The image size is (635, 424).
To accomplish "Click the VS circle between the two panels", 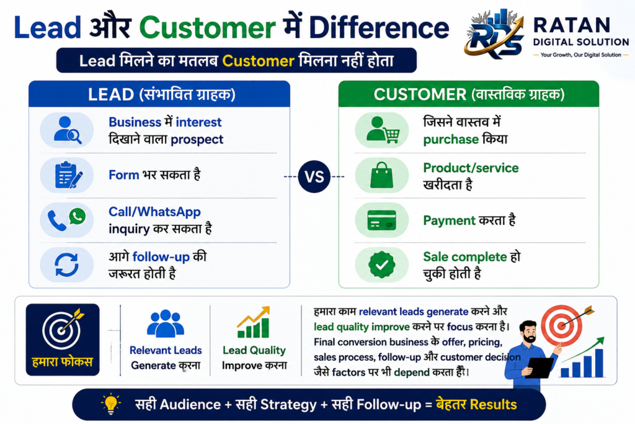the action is tap(314, 176).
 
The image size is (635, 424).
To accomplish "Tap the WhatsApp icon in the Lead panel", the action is tap(78, 217).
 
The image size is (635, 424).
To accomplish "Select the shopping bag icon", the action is tap(381, 175).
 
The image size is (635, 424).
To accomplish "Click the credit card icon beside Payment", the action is tap(381, 220).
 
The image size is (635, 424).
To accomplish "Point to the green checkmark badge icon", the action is tap(381, 264).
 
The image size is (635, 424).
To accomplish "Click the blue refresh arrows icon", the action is tap(67, 264).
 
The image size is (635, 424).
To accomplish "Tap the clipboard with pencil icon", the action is tap(68, 175).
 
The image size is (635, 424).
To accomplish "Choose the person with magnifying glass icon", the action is tap(67, 130).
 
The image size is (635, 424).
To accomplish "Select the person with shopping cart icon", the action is tap(383, 130).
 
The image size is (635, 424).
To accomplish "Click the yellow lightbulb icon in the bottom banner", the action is tap(110, 404).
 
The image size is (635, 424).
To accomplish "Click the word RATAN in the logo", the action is tap(571, 25).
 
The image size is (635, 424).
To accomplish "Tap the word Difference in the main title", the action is tap(379, 27).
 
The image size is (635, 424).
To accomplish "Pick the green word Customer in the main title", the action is tap(207, 27).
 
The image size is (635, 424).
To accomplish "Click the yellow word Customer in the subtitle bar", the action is tap(258, 61).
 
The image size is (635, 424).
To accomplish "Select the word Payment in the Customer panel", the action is tap(449, 220).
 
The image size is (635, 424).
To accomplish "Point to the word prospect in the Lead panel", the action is tap(197, 140).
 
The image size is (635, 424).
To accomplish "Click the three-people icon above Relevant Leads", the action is tap(165, 323).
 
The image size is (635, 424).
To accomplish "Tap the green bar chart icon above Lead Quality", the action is tap(254, 322).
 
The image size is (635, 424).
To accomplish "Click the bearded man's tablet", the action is tap(540, 368).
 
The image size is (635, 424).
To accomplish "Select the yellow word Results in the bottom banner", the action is tap(487, 405).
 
